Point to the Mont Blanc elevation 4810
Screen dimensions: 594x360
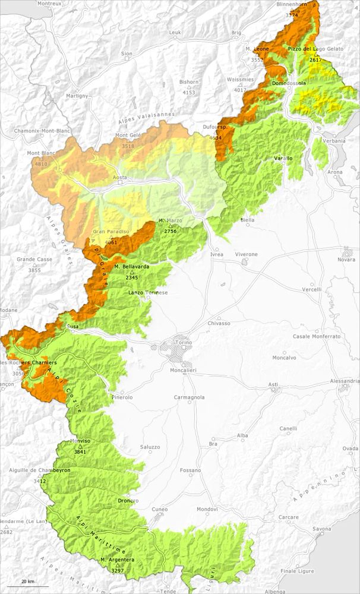[41, 164]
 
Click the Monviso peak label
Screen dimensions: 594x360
[80, 442]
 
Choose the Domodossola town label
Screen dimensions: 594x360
[289, 84]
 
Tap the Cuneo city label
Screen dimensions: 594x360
[160, 509]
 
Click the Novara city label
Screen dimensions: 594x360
[346, 260]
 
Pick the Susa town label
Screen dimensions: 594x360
[72, 327]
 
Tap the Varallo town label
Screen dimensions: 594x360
[283, 159]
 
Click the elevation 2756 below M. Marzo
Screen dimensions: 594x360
[170, 231]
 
